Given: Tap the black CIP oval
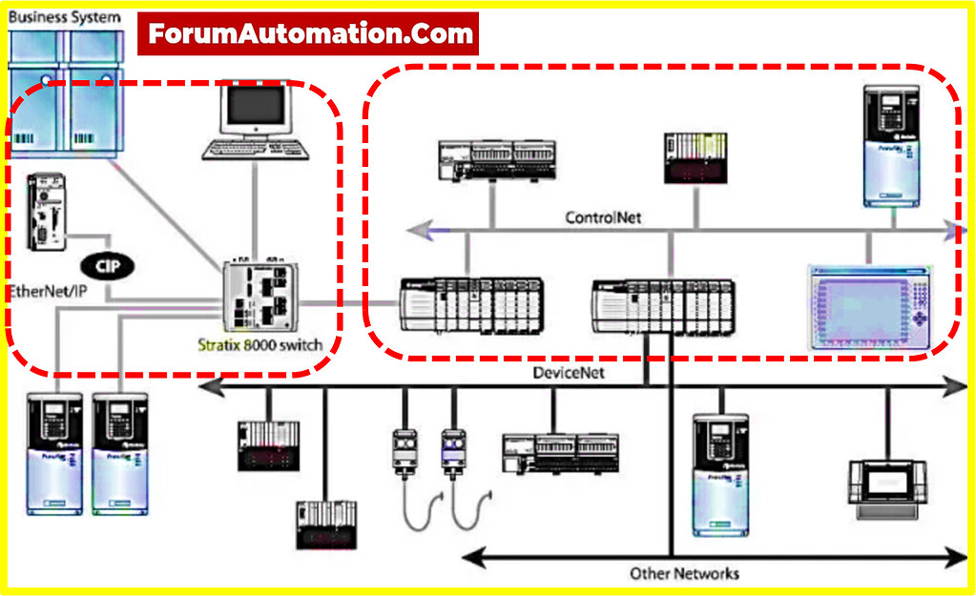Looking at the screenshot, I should click(x=107, y=266).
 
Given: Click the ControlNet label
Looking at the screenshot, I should click(x=604, y=217).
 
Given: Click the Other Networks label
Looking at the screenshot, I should click(x=684, y=573).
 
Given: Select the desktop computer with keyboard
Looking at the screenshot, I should click(x=257, y=123).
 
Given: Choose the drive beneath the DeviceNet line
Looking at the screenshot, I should click(x=721, y=475).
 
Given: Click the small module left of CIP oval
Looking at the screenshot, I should click(x=46, y=213).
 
